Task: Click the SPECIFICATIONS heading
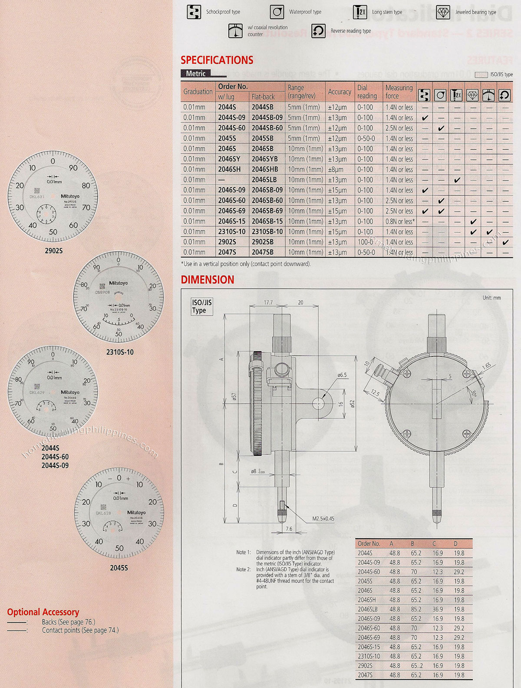pyautogui.click(x=217, y=60)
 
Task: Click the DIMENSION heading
pyautogui.click(x=207, y=280)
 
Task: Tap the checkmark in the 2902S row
pyautogui.click(x=505, y=242)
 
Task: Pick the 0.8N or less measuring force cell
pyautogui.click(x=400, y=221)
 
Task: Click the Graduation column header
pyautogui.click(x=198, y=92)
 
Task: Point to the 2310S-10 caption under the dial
pyautogui.click(x=120, y=352)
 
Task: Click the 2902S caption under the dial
pyautogui.click(x=54, y=251)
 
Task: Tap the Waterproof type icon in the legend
pyautogui.click(x=277, y=12)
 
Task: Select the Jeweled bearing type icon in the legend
pyautogui.click(x=443, y=12)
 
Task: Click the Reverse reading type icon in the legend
pyautogui.click(x=318, y=31)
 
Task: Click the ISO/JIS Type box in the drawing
pyautogui.click(x=202, y=306)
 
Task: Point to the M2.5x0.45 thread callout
pyautogui.click(x=323, y=518)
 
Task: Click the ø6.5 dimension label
pyautogui.click(x=342, y=375)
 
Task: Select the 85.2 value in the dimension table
pyautogui.click(x=415, y=609)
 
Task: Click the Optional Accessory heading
pyautogui.click(x=43, y=612)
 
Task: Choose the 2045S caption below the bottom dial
pyautogui.click(x=119, y=568)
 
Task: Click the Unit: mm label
pyautogui.click(x=491, y=298)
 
